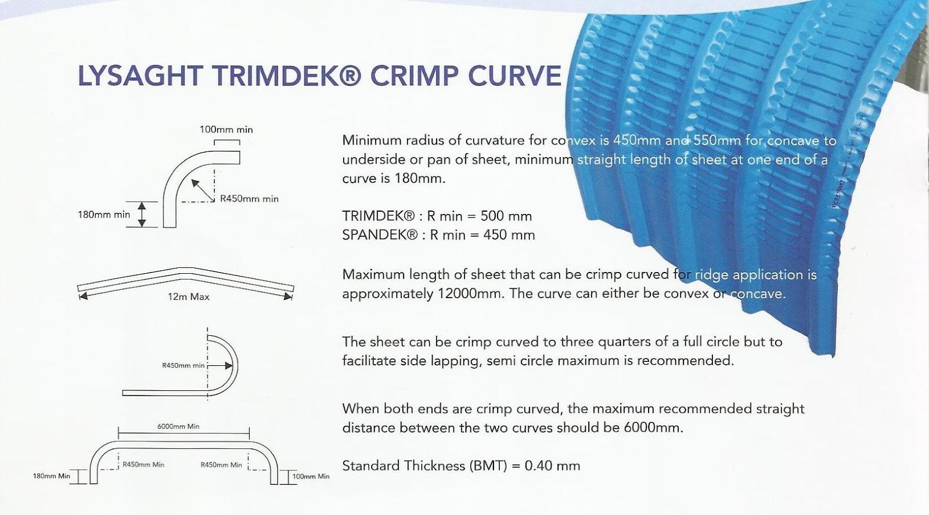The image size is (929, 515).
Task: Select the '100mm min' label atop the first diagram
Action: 226,129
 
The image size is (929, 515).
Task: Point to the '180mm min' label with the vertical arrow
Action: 104,215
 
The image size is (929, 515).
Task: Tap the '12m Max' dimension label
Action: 189,297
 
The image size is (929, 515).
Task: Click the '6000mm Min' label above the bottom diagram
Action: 178,426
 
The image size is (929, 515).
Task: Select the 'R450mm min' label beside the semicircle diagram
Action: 183,366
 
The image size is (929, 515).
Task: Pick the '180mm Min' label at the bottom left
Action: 52,476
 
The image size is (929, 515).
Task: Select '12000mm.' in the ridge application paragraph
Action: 470,293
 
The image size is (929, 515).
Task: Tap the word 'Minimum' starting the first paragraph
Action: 371,140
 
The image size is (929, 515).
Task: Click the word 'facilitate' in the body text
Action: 374,361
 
